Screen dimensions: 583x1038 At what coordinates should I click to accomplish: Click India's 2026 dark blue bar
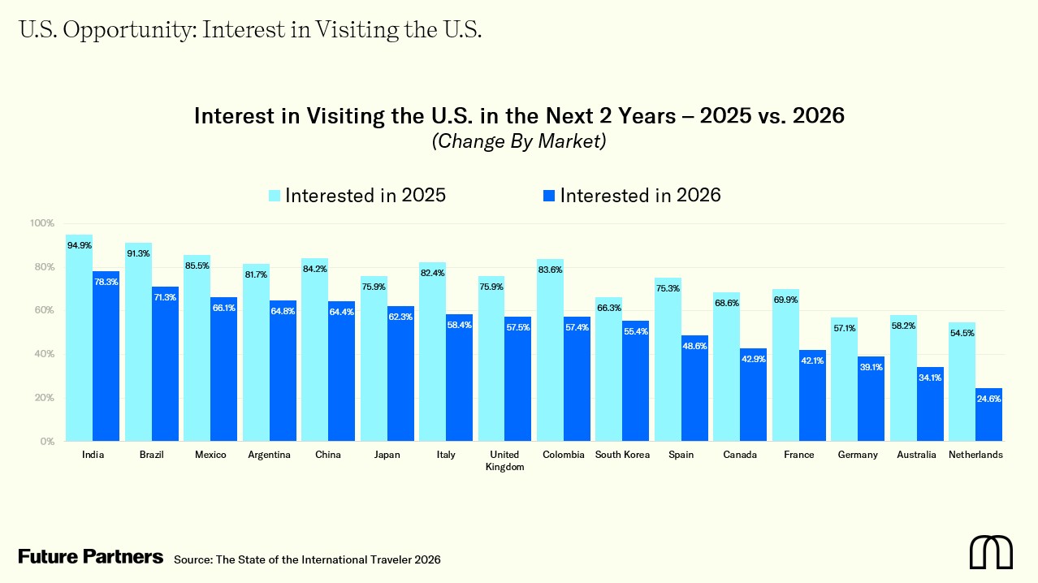(x=106, y=357)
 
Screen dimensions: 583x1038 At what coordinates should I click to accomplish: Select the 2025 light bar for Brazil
(x=138, y=341)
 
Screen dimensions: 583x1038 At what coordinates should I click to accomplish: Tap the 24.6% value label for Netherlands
(x=988, y=398)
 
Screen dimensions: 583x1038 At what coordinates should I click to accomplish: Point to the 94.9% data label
(x=79, y=244)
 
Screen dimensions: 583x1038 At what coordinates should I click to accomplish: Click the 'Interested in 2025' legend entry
(x=357, y=196)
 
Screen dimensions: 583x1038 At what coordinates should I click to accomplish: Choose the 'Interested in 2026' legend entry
(x=632, y=196)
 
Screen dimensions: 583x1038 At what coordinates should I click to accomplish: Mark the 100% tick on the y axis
(x=41, y=223)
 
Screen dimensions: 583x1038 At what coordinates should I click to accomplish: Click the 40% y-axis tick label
(x=41, y=354)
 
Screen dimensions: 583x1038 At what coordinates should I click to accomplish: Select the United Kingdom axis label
(x=504, y=460)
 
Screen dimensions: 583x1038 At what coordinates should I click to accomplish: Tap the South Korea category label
(x=622, y=455)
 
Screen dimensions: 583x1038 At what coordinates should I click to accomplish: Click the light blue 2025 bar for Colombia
(x=550, y=349)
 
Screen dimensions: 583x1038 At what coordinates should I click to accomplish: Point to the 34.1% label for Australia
(x=930, y=377)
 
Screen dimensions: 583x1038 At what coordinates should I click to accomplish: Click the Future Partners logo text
(x=91, y=557)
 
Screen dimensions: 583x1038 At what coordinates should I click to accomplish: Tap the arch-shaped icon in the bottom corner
(x=991, y=552)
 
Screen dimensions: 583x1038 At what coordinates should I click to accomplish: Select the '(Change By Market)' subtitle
(x=519, y=141)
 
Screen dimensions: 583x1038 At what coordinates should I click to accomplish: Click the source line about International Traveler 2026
(x=307, y=559)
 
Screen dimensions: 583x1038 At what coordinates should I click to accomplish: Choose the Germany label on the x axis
(x=858, y=455)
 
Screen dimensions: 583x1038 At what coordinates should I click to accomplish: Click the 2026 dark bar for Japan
(x=400, y=374)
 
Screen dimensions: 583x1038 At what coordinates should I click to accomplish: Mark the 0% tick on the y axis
(x=45, y=442)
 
